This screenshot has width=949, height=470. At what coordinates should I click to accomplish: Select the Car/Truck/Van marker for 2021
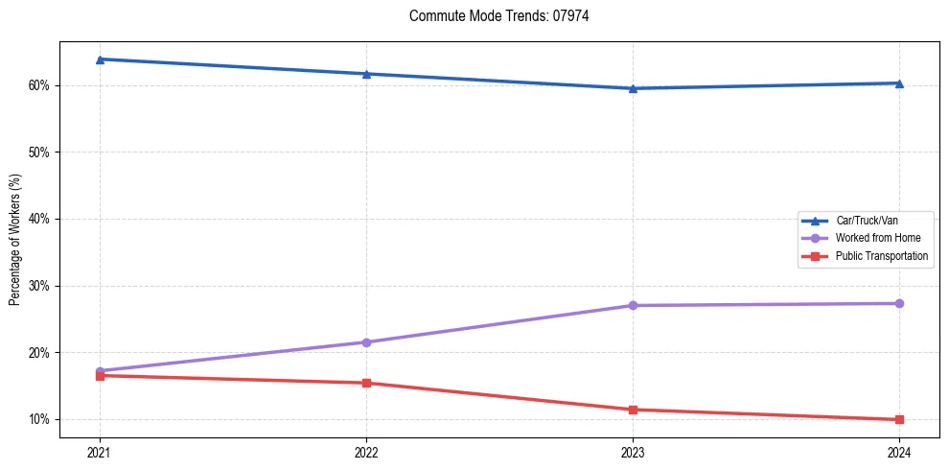[100, 59]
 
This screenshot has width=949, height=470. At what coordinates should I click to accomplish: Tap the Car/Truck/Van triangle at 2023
[633, 88]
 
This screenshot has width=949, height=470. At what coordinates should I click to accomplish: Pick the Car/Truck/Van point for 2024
[899, 83]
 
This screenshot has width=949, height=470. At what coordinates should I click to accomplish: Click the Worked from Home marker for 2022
[366, 342]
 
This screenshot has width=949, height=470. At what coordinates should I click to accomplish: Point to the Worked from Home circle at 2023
[633, 306]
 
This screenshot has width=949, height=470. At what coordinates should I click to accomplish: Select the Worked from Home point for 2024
[899, 304]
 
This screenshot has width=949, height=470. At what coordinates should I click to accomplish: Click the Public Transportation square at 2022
[366, 383]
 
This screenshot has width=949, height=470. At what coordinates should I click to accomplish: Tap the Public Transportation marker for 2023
[633, 410]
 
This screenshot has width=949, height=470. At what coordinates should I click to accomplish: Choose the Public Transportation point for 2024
[899, 419]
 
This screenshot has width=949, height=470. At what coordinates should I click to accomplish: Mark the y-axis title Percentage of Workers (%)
[14, 240]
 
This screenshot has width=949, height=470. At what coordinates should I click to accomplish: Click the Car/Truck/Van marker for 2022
[366, 74]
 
